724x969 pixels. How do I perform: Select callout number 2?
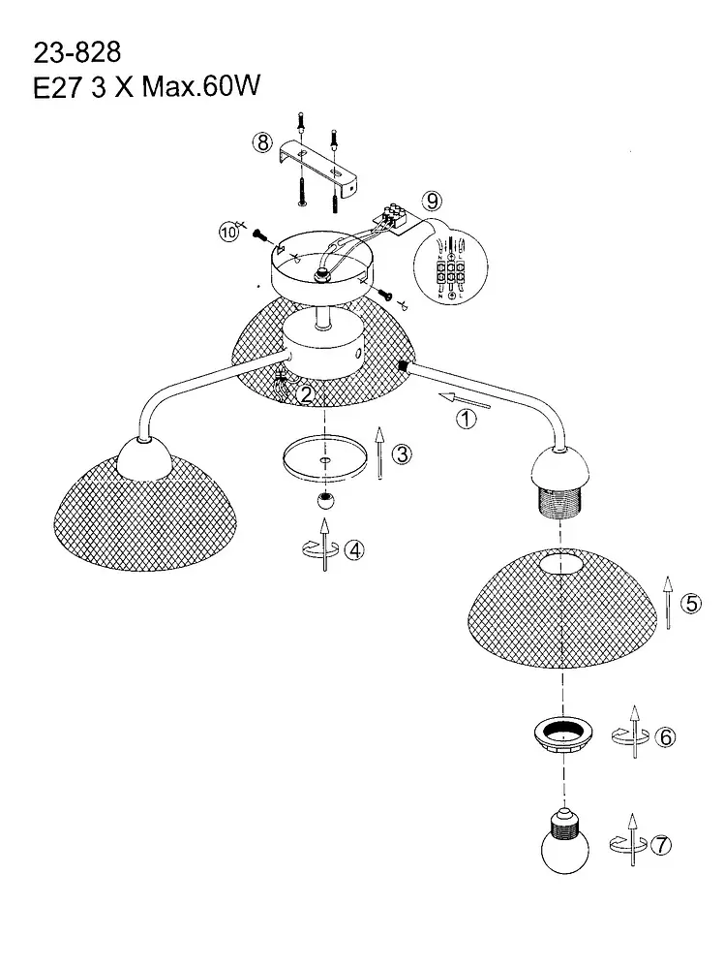tap(306, 393)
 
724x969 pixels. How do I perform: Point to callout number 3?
tap(403, 453)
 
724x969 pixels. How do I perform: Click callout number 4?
tap(356, 549)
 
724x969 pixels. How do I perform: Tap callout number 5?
tap(690, 604)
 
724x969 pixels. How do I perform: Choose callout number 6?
tap(665, 736)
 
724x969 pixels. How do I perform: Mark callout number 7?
tap(661, 844)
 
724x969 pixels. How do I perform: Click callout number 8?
tap(262, 142)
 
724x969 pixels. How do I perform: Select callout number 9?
tap(431, 202)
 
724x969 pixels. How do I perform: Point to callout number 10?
tap(228, 233)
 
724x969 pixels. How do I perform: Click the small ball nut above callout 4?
tap(325, 503)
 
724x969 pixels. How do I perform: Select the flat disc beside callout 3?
tap(323, 456)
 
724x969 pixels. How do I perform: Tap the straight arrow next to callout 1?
tap(464, 399)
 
